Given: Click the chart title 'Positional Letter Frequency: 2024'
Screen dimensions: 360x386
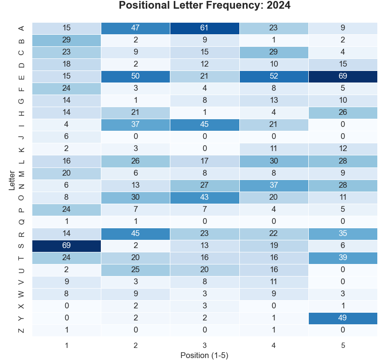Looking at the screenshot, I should pos(205,6).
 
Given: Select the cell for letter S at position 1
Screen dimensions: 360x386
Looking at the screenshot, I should pos(67,246).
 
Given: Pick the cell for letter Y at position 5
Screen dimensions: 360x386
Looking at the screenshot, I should pos(343,318).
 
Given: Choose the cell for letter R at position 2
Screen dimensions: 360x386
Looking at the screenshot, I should pos(136,234).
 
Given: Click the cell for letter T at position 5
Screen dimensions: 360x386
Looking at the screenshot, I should pos(343,258).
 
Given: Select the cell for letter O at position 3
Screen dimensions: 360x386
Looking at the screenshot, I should pos(205,197).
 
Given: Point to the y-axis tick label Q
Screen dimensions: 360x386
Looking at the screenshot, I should pos(21,222).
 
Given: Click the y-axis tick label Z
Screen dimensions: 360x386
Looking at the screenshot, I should pos(21,330).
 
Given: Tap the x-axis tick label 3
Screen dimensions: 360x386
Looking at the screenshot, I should pos(205,345).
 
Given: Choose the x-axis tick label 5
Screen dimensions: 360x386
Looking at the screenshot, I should pos(343,345).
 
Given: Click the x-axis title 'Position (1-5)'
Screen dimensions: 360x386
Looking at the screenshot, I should pos(205,355).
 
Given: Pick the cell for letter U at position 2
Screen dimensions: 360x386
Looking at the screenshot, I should pos(136,270).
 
